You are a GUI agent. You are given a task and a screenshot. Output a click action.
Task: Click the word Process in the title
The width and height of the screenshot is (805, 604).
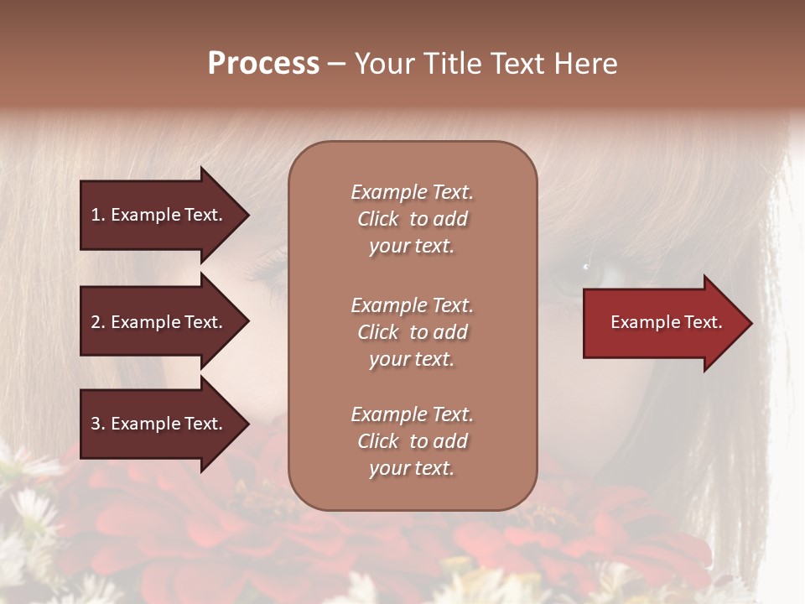(263, 64)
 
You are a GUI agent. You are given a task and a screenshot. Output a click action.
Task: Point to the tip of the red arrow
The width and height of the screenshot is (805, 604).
(750, 323)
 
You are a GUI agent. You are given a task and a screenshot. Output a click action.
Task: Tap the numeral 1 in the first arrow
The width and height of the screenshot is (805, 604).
(96, 215)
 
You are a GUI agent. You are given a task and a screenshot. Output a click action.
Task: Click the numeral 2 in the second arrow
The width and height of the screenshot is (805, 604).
(96, 322)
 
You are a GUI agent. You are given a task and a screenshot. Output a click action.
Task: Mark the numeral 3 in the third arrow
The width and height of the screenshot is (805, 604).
(96, 424)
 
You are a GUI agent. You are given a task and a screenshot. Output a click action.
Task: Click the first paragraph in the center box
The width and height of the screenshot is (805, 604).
(412, 219)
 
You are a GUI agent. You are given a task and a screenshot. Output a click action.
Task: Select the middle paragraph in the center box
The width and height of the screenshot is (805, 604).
(412, 332)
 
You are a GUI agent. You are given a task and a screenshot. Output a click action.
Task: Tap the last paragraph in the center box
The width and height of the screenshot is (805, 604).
(412, 441)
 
